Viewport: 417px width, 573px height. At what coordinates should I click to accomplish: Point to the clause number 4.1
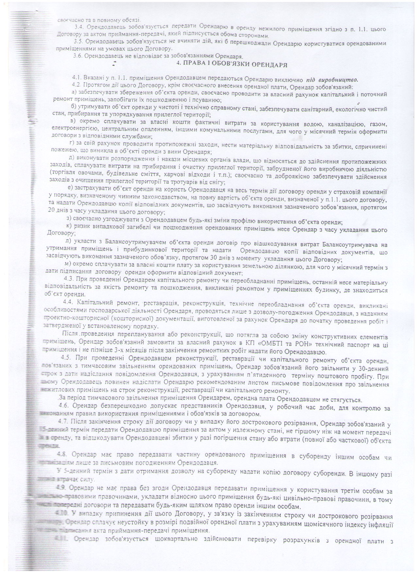click(77, 79)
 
